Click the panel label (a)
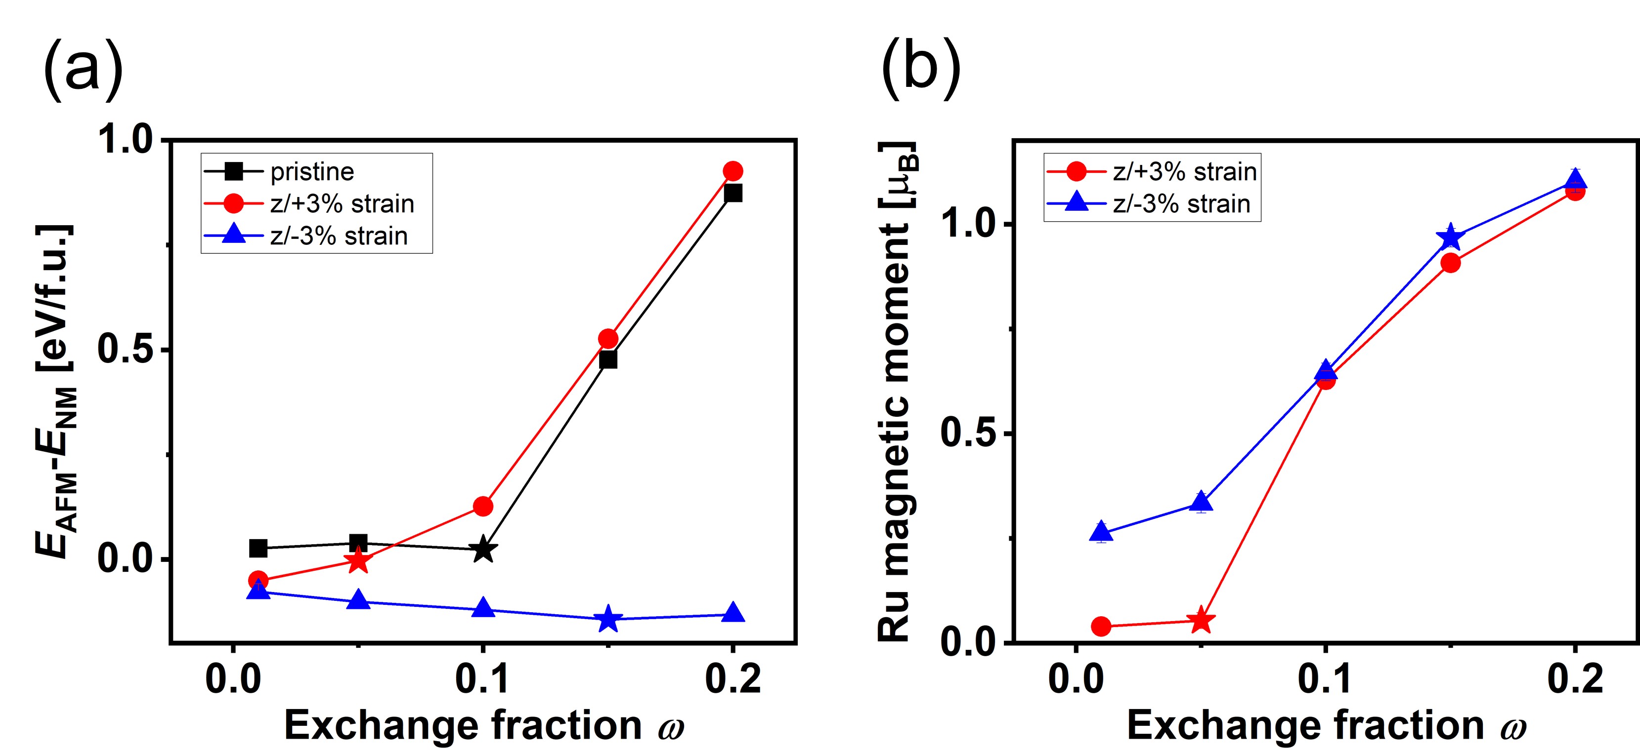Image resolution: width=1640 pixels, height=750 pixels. [83, 68]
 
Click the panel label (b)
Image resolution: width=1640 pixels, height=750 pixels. [921, 68]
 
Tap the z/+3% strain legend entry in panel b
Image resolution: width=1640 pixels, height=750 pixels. [1184, 171]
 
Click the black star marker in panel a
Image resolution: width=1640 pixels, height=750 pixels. [483, 549]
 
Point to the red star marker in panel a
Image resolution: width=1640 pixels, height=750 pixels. [359, 560]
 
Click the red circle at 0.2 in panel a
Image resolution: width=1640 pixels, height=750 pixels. [733, 171]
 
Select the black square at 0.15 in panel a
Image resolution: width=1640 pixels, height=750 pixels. [608, 359]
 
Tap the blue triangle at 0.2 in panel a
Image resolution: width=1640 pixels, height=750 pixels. [733, 613]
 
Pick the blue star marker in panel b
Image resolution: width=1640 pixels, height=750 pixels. [1450, 238]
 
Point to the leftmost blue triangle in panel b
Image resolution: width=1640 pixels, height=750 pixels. [1101, 532]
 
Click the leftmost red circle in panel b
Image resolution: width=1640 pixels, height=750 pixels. [1101, 627]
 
